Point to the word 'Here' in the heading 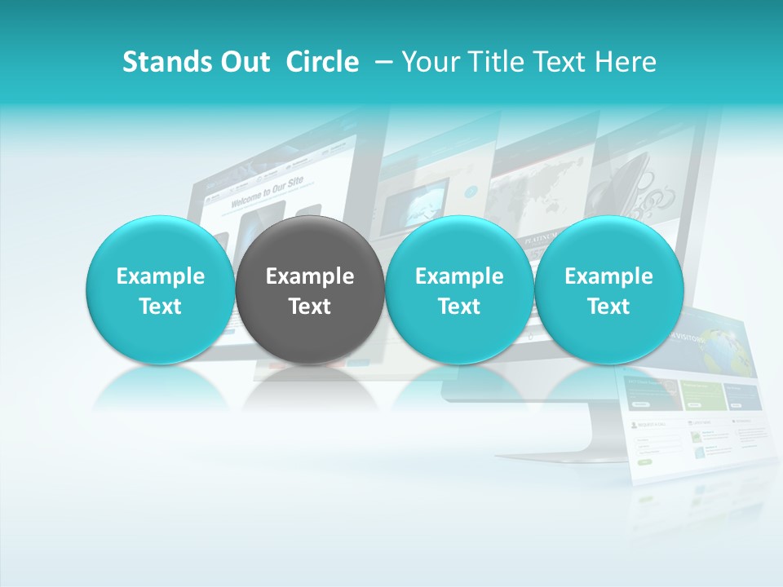[626, 63]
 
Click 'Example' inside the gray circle [310, 277]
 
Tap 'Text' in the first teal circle [160, 307]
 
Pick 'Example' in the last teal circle [608, 277]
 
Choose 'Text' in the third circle [459, 307]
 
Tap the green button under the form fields [644, 461]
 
